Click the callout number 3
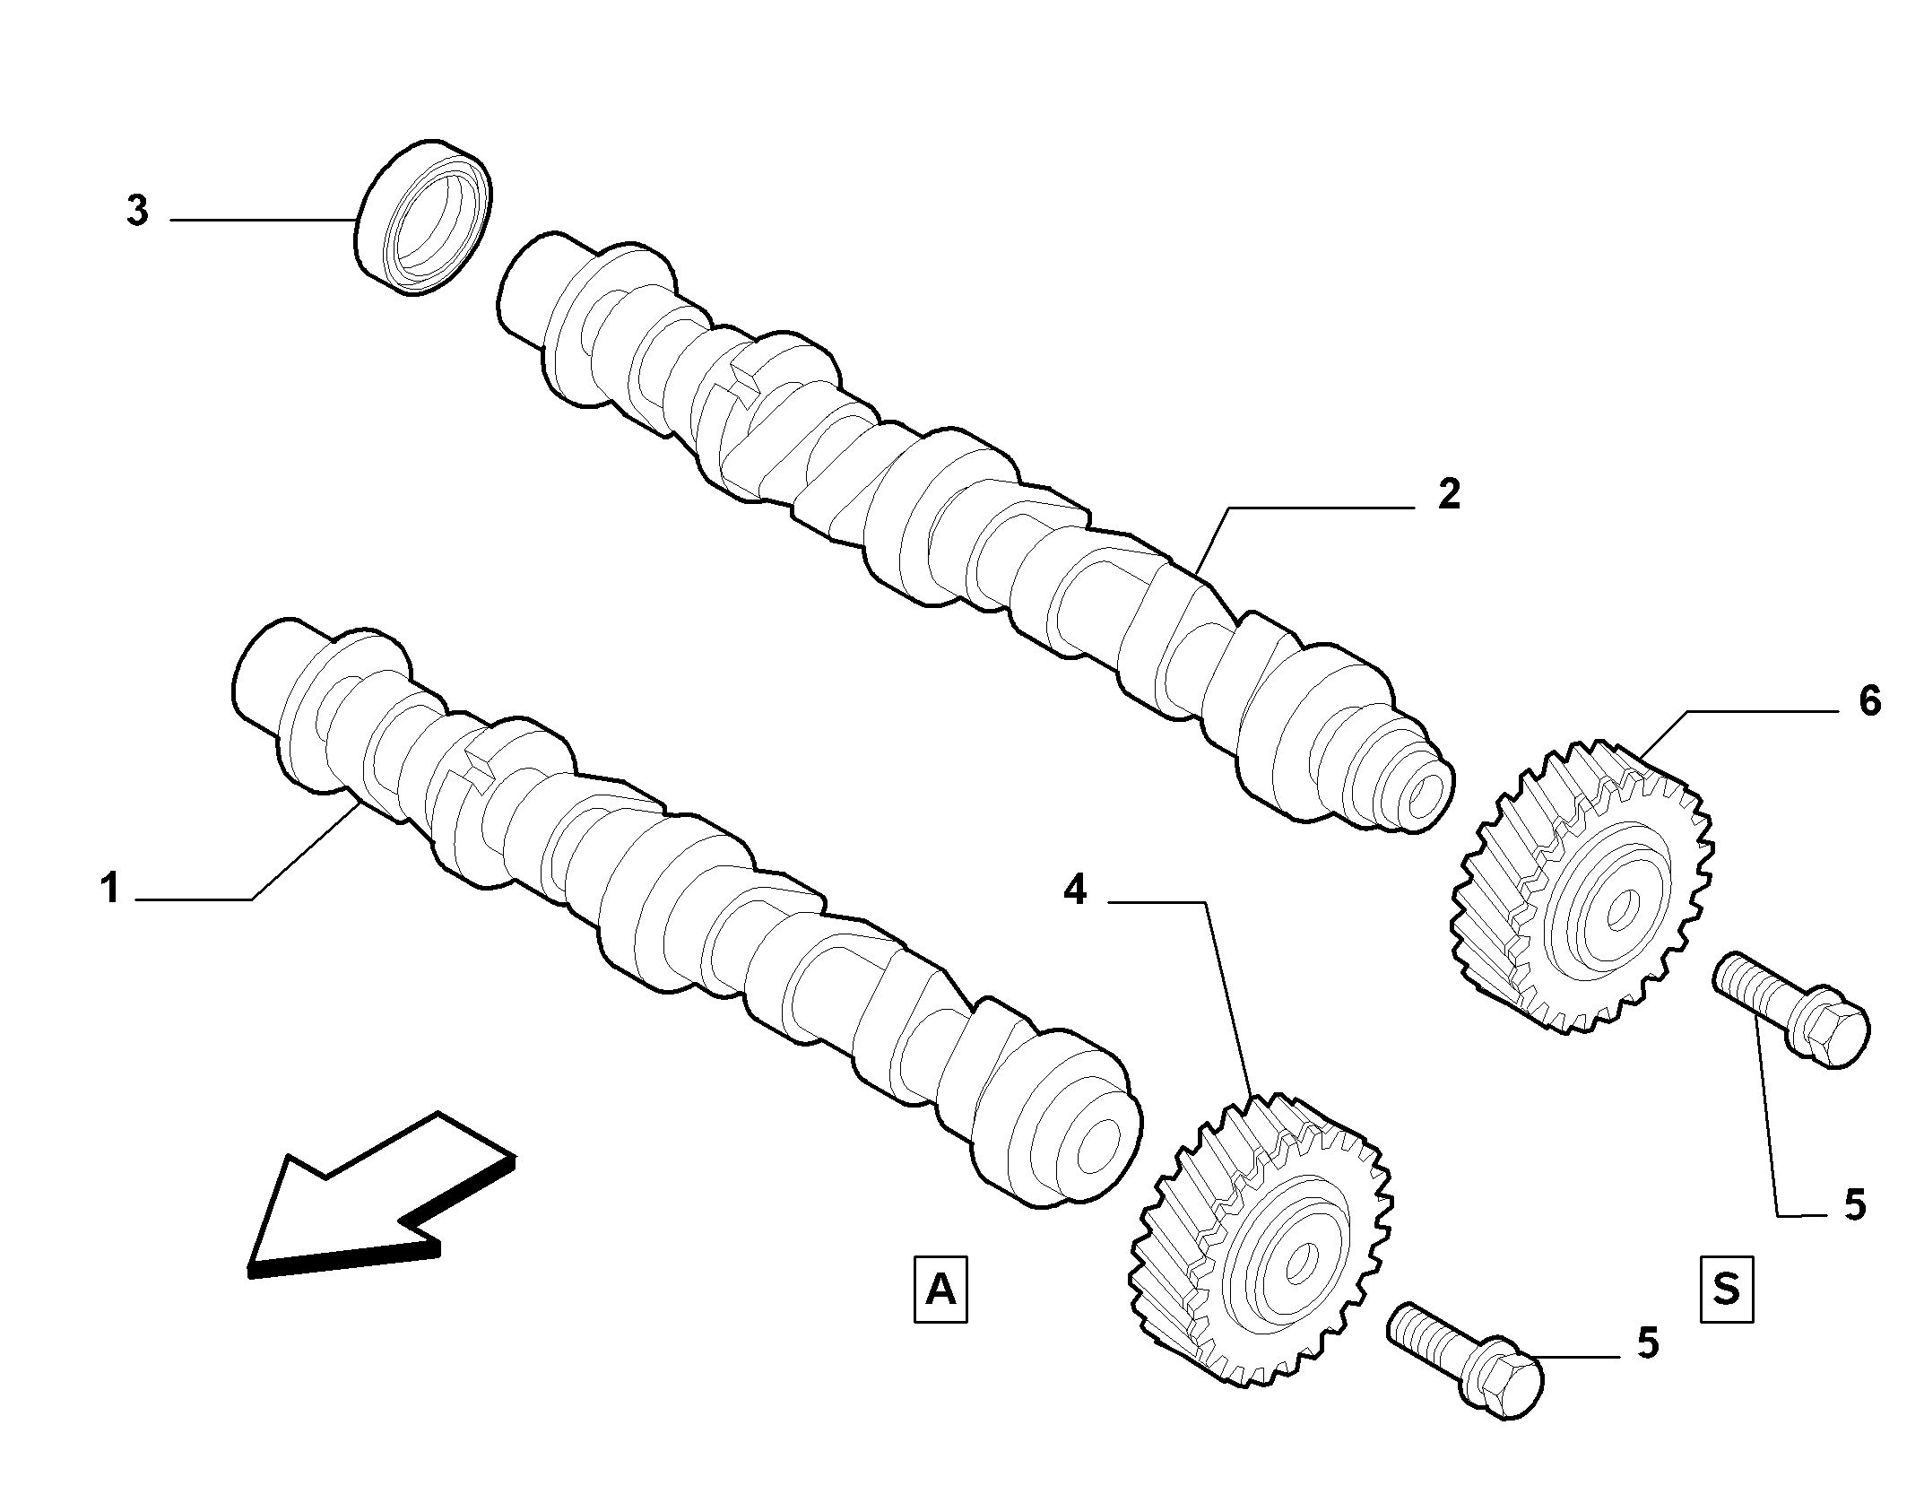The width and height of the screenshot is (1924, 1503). pyautogui.click(x=136, y=212)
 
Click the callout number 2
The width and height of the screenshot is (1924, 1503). pyautogui.click(x=1448, y=493)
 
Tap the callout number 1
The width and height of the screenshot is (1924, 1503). pyautogui.click(x=110, y=891)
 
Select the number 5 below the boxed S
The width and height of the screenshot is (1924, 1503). pyautogui.click(x=1854, y=1204)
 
